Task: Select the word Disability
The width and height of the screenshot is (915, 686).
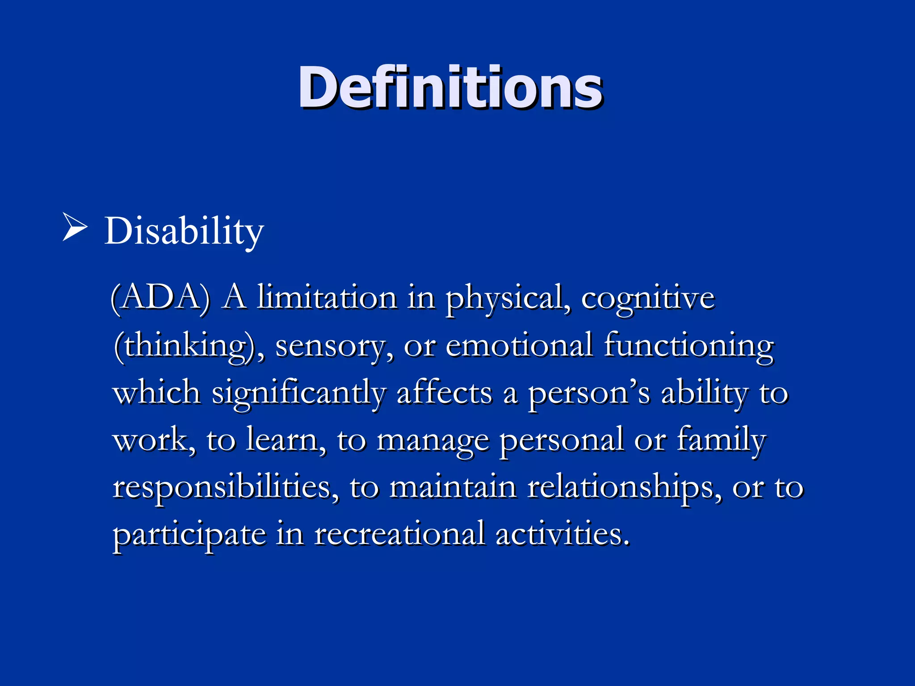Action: coord(184,231)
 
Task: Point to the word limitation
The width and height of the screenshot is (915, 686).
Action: coord(327,298)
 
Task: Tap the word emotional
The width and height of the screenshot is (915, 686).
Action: coord(519,346)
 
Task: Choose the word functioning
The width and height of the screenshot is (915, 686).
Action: coord(688,347)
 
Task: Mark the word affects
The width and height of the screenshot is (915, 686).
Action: coord(444,393)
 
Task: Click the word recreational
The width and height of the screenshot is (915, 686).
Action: coord(400,534)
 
